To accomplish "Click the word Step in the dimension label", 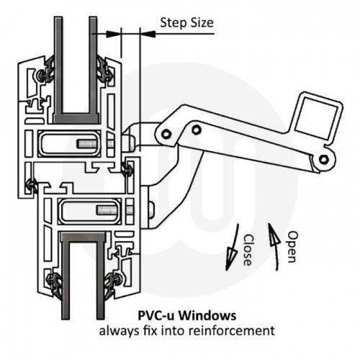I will pyautogui.click(x=173, y=23).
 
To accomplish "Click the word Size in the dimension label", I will pyautogui.click(x=201, y=23).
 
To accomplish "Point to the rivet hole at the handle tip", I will pyautogui.click(x=325, y=158).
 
